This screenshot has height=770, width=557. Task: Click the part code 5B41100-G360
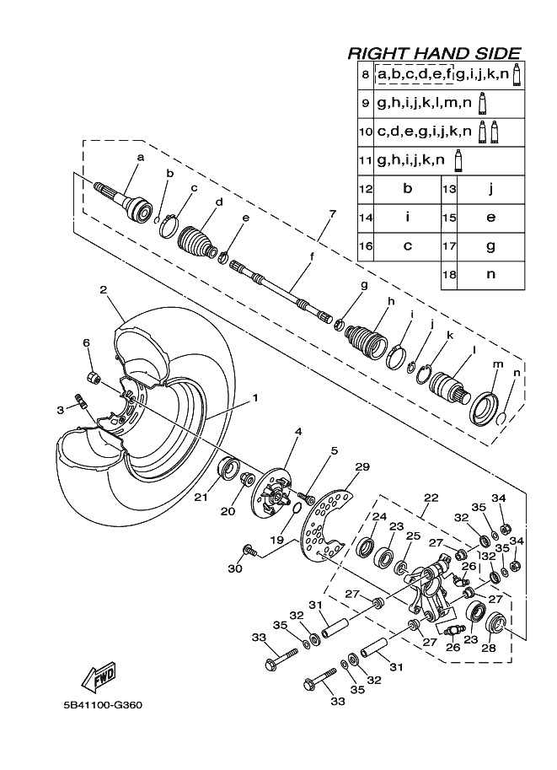[102, 705]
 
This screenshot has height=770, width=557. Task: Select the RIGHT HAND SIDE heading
[434, 52]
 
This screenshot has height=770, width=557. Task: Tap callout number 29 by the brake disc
[362, 467]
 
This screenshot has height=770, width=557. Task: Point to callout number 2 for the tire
[103, 289]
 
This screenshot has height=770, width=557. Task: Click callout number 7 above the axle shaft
[333, 213]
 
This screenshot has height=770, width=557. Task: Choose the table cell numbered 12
[366, 189]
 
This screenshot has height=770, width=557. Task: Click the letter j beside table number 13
[490, 189]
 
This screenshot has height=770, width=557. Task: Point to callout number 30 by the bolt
[235, 569]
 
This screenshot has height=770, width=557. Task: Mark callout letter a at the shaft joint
[140, 157]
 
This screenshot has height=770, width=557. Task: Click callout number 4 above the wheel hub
[297, 432]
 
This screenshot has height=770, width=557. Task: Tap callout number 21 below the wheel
[200, 498]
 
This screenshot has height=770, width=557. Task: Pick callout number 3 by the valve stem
[60, 409]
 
